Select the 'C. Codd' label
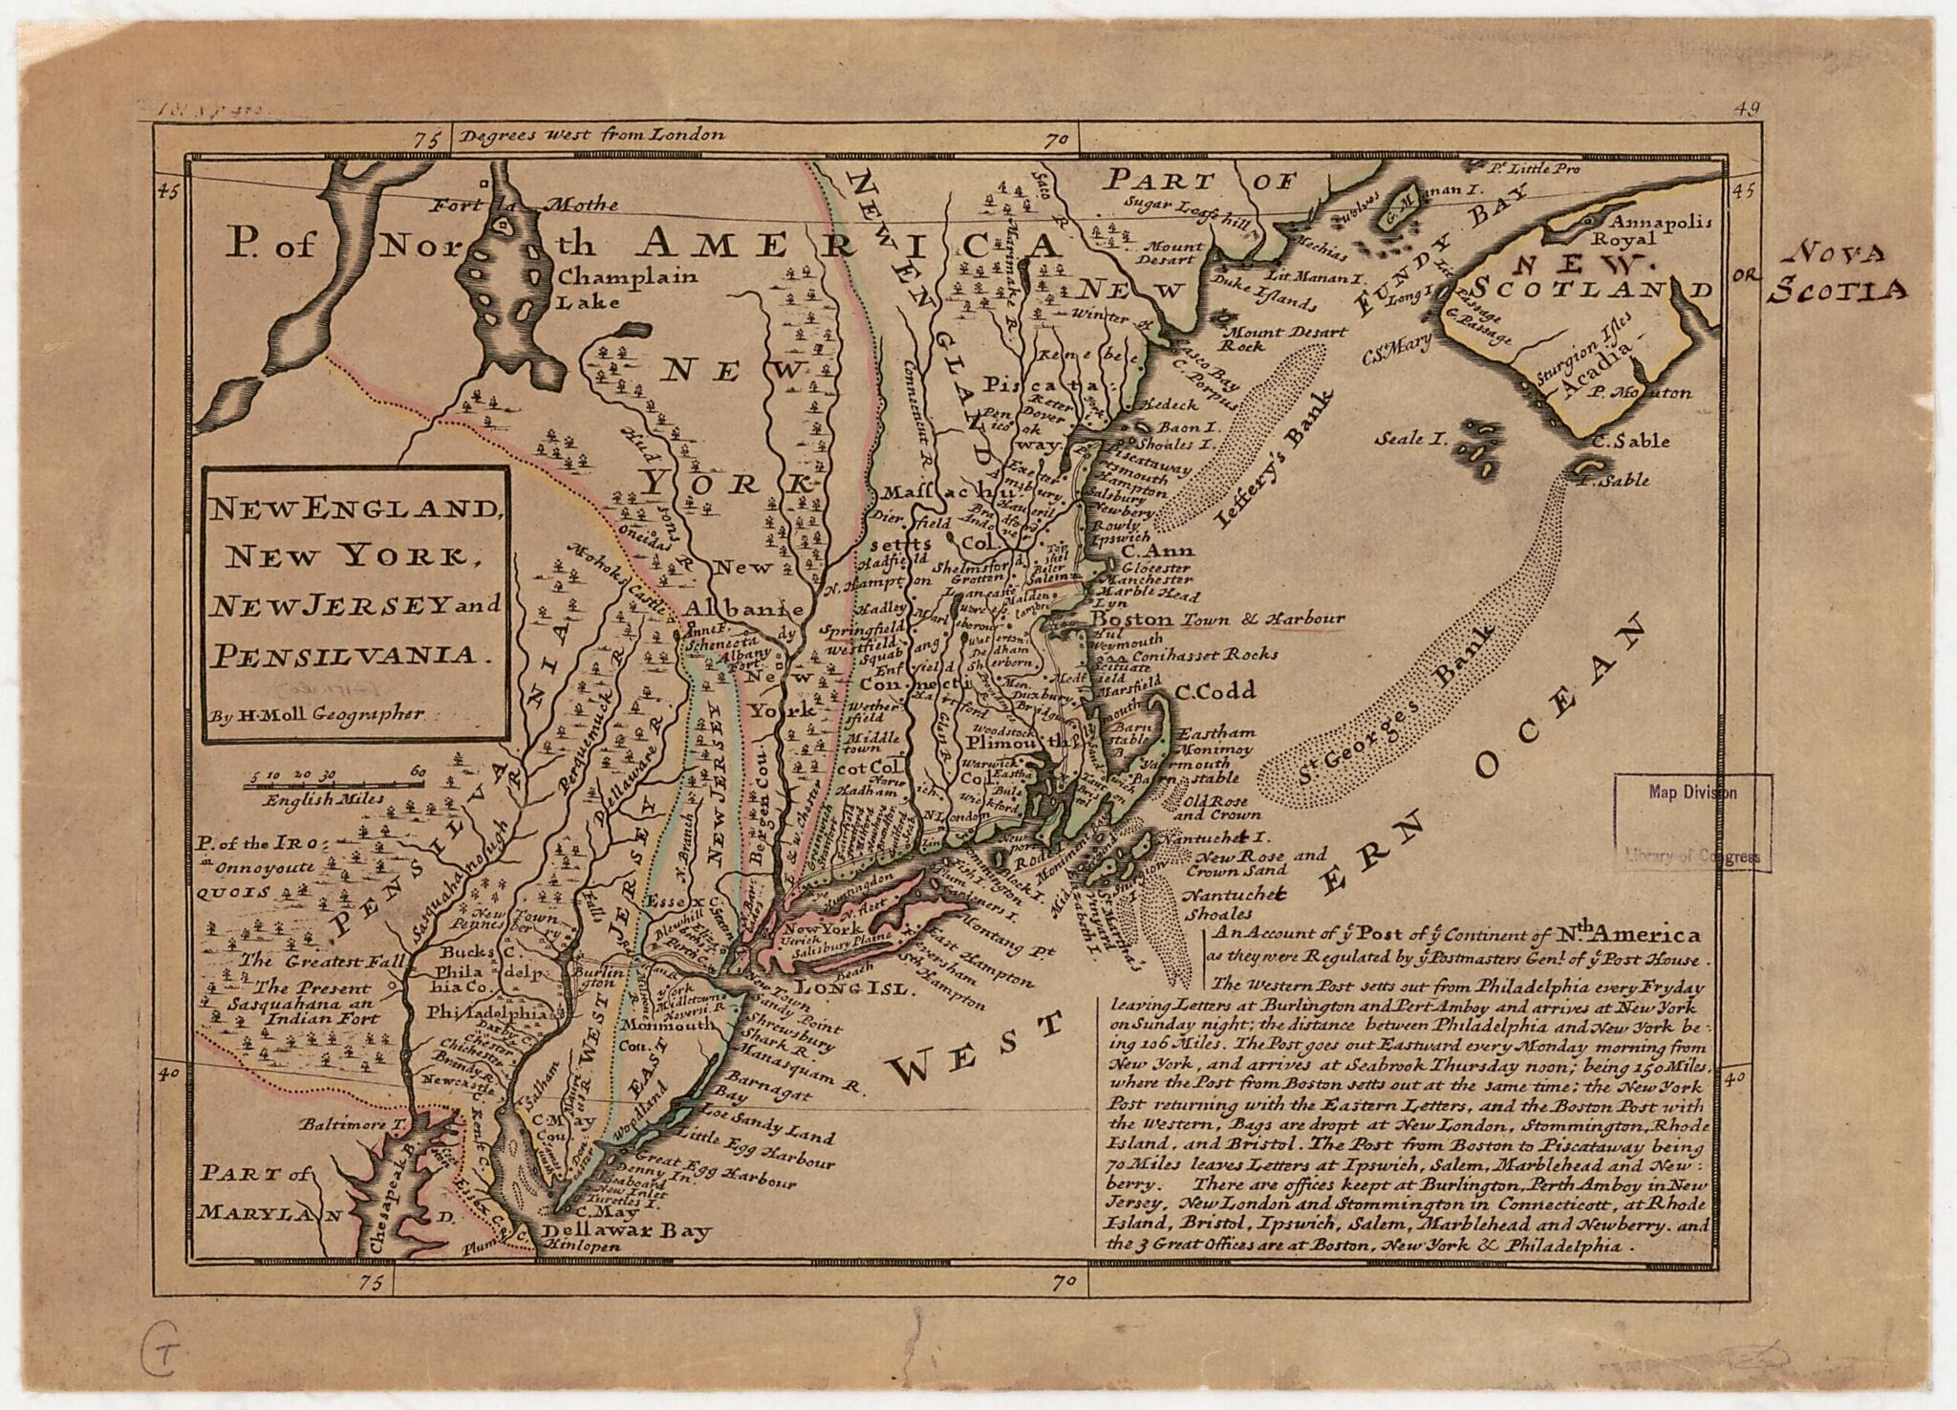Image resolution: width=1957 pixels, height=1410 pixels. tap(1215, 691)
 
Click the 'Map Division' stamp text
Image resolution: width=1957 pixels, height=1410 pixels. tap(1692, 792)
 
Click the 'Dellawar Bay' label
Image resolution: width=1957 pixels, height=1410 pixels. tap(626, 1230)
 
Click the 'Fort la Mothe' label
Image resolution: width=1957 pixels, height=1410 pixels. tap(524, 205)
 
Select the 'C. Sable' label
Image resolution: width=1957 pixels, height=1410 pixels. tap(1631, 441)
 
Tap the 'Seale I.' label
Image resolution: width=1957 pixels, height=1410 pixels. tap(1411, 439)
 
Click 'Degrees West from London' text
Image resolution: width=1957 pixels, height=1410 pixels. tap(591, 135)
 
